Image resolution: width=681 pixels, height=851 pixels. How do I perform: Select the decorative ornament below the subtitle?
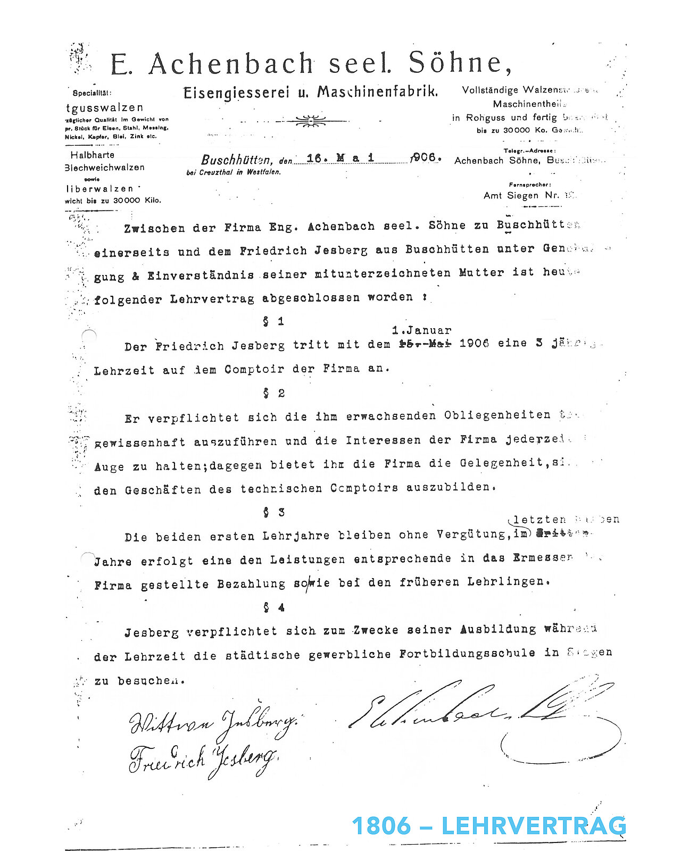(x=311, y=121)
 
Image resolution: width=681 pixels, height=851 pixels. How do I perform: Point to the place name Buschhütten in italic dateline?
(x=237, y=160)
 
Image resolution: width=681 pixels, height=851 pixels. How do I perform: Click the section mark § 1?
(x=273, y=321)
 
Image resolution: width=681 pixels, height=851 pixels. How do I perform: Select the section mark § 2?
(x=273, y=393)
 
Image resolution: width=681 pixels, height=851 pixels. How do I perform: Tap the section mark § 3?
(x=273, y=512)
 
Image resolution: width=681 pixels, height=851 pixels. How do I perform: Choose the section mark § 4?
(x=273, y=607)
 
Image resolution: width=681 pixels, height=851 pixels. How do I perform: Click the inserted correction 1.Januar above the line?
(x=421, y=330)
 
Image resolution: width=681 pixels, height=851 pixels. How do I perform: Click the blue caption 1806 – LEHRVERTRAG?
(x=488, y=826)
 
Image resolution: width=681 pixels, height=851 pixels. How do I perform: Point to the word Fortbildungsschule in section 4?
(x=467, y=653)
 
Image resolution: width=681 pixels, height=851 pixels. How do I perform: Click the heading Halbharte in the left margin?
(x=92, y=155)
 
